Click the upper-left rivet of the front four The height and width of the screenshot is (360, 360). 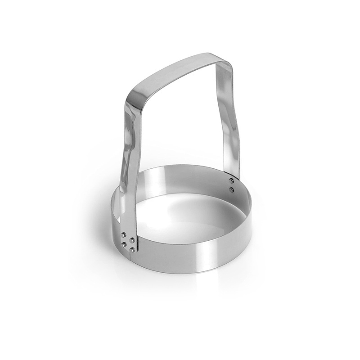[124, 234]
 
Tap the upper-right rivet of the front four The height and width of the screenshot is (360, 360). [132, 240]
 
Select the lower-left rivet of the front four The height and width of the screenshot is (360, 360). [124, 244]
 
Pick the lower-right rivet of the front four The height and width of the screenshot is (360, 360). [132, 250]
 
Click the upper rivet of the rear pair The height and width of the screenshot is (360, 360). [231, 180]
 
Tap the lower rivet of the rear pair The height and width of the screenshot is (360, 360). [231, 190]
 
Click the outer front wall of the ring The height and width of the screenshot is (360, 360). [189, 256]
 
